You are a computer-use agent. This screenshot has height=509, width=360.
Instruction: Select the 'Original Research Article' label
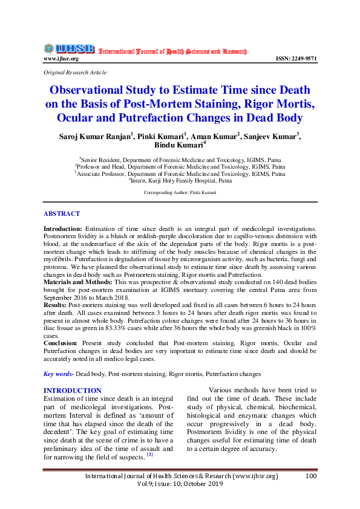click(75, 73)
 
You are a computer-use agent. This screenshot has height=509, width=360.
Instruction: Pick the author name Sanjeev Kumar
click(269, 137)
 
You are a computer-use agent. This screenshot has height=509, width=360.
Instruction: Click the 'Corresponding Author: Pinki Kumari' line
click(180, 192)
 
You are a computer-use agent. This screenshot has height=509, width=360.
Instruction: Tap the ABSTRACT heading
click(61, 214)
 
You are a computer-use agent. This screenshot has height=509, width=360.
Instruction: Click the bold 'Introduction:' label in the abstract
click(62, 229)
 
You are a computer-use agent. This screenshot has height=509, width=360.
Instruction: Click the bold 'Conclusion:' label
click(61, 343)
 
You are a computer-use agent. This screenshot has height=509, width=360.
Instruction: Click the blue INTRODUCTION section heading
click(73, 391)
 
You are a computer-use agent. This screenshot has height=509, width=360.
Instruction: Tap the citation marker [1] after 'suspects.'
click(158, 454)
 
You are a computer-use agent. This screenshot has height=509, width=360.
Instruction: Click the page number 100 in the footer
click(311, 476)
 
